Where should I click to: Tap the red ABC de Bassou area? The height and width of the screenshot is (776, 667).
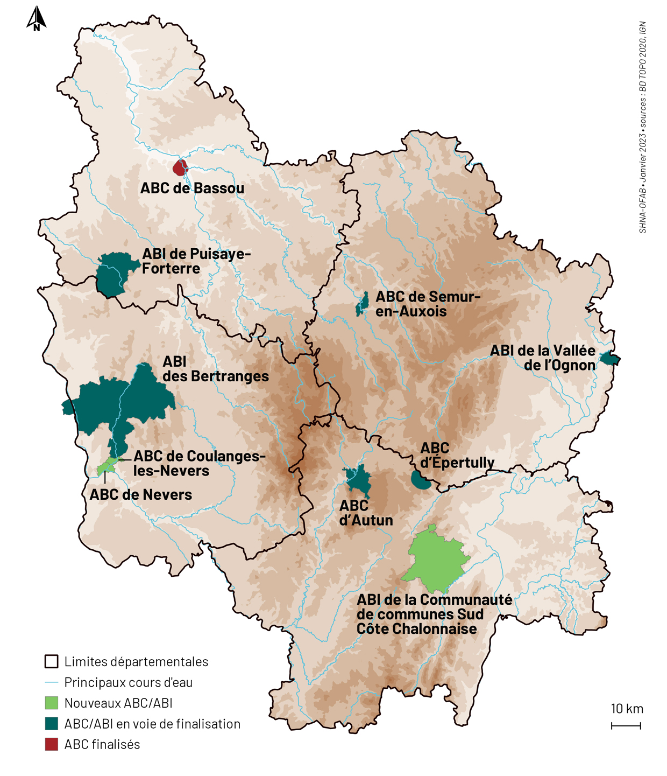(x=180, y=167)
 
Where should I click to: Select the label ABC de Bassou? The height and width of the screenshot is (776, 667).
(x=192, y=188)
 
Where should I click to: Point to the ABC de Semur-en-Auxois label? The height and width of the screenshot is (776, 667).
(x=427, y=304)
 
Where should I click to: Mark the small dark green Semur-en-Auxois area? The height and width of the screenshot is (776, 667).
(x=363, y=305)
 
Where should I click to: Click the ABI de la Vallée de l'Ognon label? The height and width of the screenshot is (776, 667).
(x=543, y=358)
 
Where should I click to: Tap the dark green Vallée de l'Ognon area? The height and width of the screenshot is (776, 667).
(x=609, y=359)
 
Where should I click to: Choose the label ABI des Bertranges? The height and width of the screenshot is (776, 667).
(x=215, y=369)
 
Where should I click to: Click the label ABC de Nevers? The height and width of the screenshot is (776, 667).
(x=140, y=495)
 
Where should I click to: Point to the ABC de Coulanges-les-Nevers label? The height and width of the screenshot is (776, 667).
(x=199, y=463)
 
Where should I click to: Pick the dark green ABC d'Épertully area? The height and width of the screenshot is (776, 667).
(x=420, y=480)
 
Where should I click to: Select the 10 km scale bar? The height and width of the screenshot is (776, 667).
(x=626, y=726)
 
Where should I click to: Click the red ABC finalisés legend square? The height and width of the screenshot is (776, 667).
(x=52, y=744)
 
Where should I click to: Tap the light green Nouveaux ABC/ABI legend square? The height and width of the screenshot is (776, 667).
(x=52, y=703)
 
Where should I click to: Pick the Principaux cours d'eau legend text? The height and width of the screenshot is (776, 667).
(x=128, y=682)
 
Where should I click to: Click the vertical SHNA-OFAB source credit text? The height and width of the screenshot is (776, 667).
(x=643, y=127)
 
